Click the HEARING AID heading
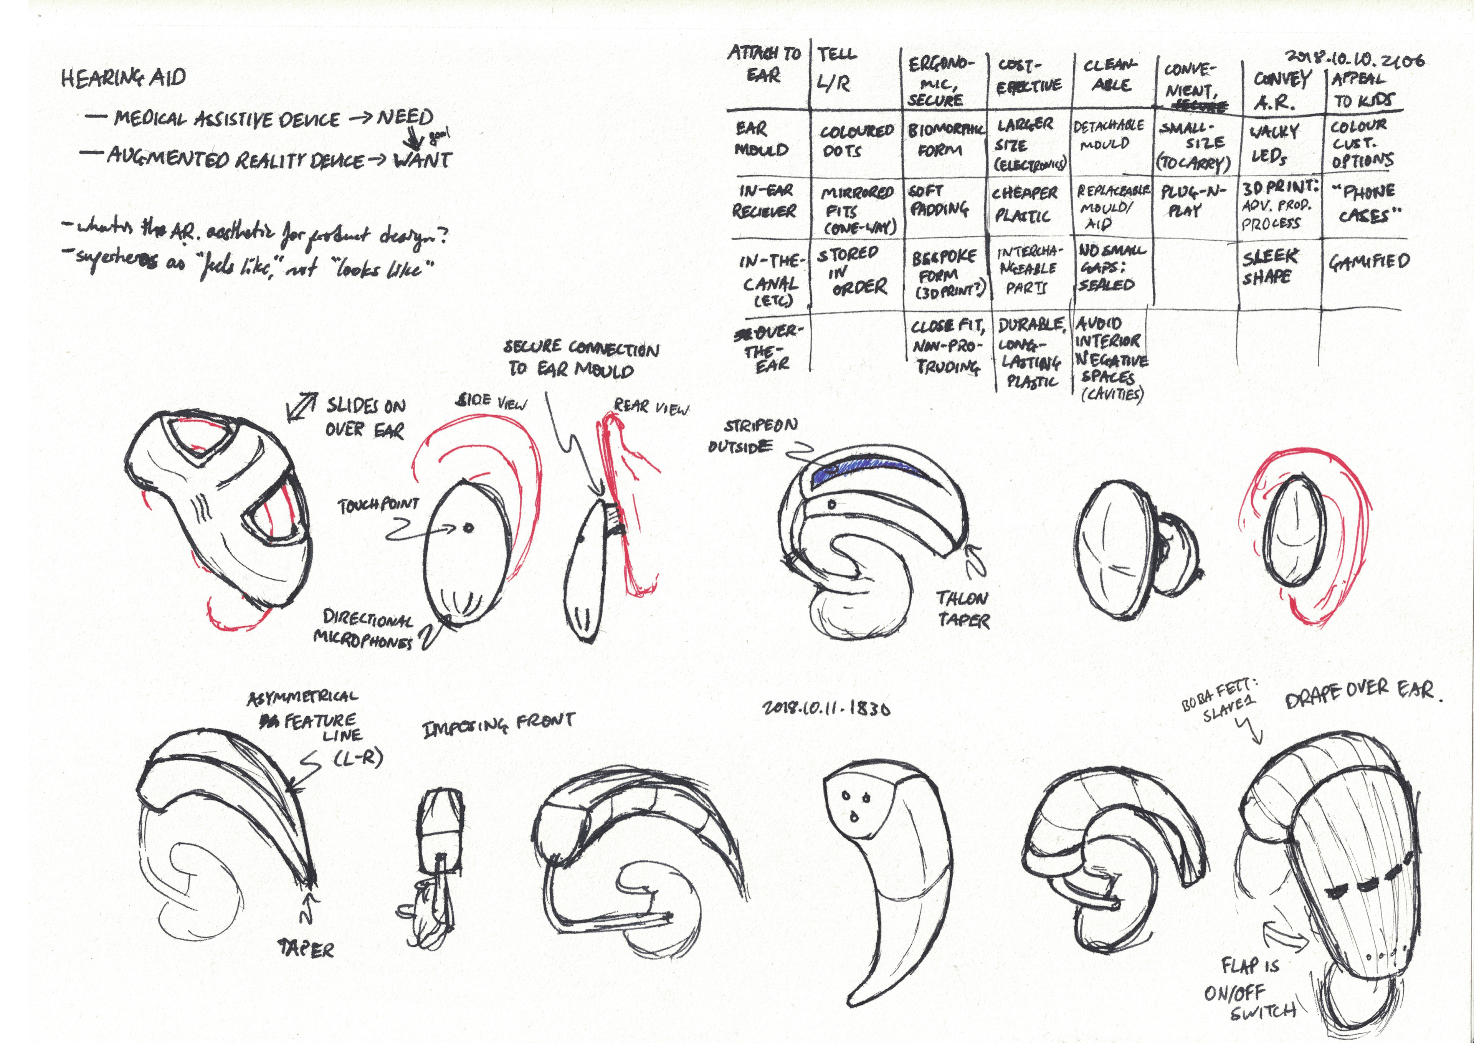[123, 78]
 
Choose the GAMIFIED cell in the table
[1369, 261]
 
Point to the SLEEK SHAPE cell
[1269, 266]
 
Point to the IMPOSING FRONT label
[498, 726]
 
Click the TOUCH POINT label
[378, 506]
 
